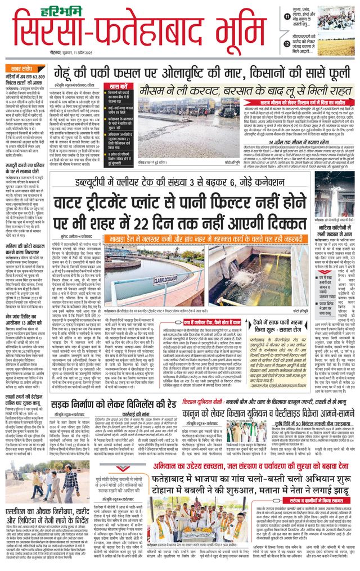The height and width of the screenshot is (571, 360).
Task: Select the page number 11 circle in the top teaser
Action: point(287,18)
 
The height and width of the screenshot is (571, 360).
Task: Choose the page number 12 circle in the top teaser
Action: point(287,42)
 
